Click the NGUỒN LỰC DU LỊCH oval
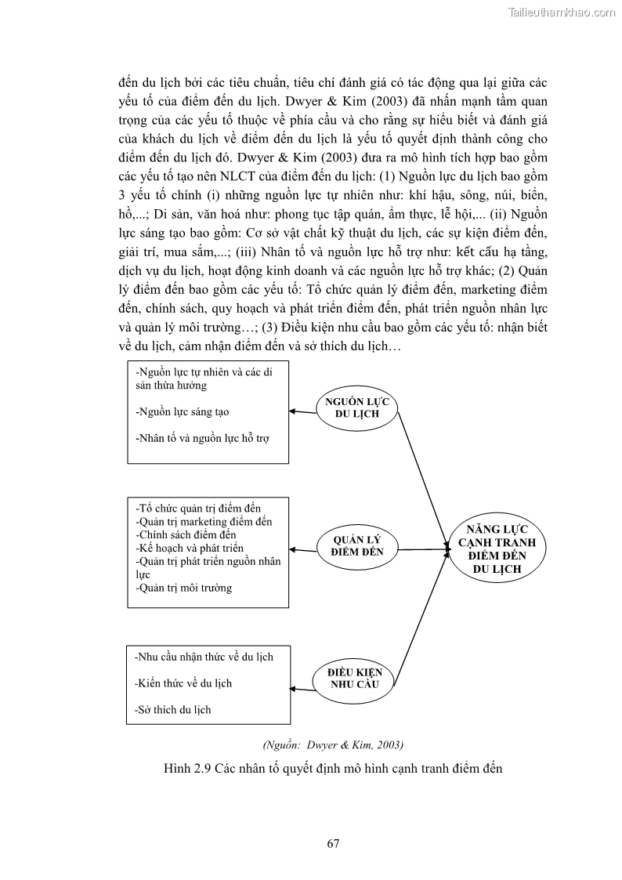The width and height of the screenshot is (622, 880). click(x=357, y=407)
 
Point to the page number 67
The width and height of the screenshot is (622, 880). click(x=332, y=843)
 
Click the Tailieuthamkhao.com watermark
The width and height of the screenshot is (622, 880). click(x=562, y=12)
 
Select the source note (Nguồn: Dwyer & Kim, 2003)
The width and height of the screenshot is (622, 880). click(x=334, y=744)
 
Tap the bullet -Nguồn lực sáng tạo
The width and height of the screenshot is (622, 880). click(x=182, y=411)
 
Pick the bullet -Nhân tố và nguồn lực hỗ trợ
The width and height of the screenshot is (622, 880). click(x=202, y=438)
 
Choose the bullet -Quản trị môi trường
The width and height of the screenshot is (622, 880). click(x=183, y=588)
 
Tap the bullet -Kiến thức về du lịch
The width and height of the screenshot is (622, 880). click(x=183, y=683)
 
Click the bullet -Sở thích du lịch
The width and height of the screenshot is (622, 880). click(x=173, y=710)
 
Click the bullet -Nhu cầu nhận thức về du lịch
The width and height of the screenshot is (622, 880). click(x=204, y=657)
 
